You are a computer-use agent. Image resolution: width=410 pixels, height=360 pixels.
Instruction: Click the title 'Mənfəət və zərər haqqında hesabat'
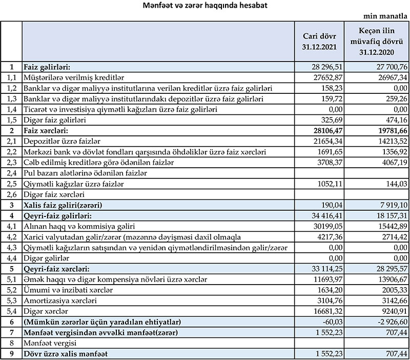(x=204, y=6)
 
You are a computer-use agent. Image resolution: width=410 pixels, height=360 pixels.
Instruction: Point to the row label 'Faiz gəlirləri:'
(x=47, y=67)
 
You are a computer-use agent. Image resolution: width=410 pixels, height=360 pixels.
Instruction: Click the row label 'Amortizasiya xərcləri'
(x=59, y=299)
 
